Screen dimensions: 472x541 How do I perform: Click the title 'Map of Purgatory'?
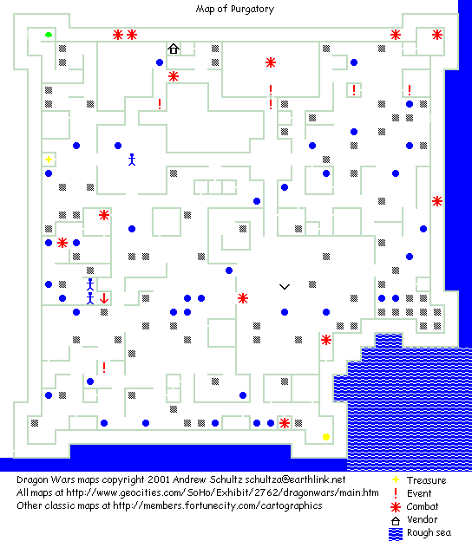235,9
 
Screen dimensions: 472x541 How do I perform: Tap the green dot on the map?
49,35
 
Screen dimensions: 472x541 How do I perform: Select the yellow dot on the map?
326,437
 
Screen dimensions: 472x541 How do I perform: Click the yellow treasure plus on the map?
49,160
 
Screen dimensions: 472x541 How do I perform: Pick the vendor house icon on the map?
174,49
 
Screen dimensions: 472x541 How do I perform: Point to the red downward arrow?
104,298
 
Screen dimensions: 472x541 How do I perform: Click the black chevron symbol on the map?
285,286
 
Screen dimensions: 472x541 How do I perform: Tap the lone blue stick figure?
132,160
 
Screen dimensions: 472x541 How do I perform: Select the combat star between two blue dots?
62,243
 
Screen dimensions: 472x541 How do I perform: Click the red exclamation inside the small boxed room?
354,90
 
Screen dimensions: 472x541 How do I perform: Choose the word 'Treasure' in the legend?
426,480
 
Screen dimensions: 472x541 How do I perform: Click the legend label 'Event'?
419,493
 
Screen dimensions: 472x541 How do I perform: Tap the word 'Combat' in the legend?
423,506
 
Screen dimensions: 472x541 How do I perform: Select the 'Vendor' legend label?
423,519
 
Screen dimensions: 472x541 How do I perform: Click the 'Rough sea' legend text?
429,532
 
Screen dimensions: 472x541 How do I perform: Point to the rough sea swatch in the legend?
396,534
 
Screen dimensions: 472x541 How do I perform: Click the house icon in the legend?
396,521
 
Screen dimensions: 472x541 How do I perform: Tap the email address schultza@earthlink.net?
295,479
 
